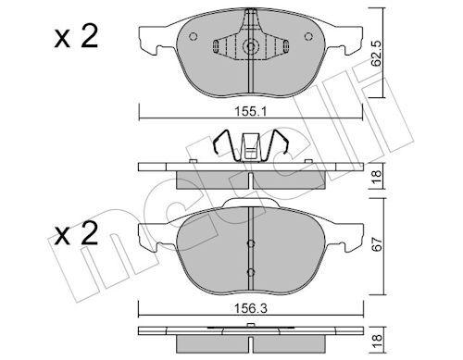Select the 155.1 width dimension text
tap(251, 108)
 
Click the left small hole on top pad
tap(193, 39)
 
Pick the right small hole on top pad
tap(307, 39)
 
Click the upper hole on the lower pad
tap(251, 244)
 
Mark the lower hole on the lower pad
tap(251, 270)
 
